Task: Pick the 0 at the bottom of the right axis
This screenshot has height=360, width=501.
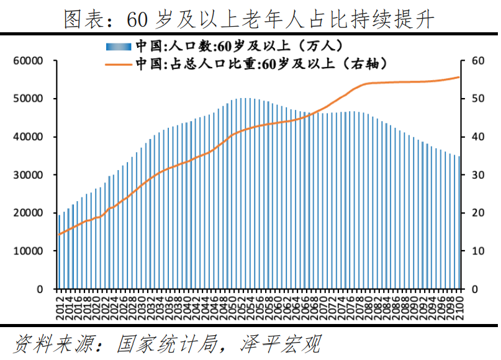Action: (x=475, y=289)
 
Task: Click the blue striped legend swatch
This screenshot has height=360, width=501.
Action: (x=119, y=46)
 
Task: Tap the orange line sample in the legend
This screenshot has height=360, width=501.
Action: (x=119, y=63)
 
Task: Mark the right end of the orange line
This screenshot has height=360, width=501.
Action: (x=459, y=77)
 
